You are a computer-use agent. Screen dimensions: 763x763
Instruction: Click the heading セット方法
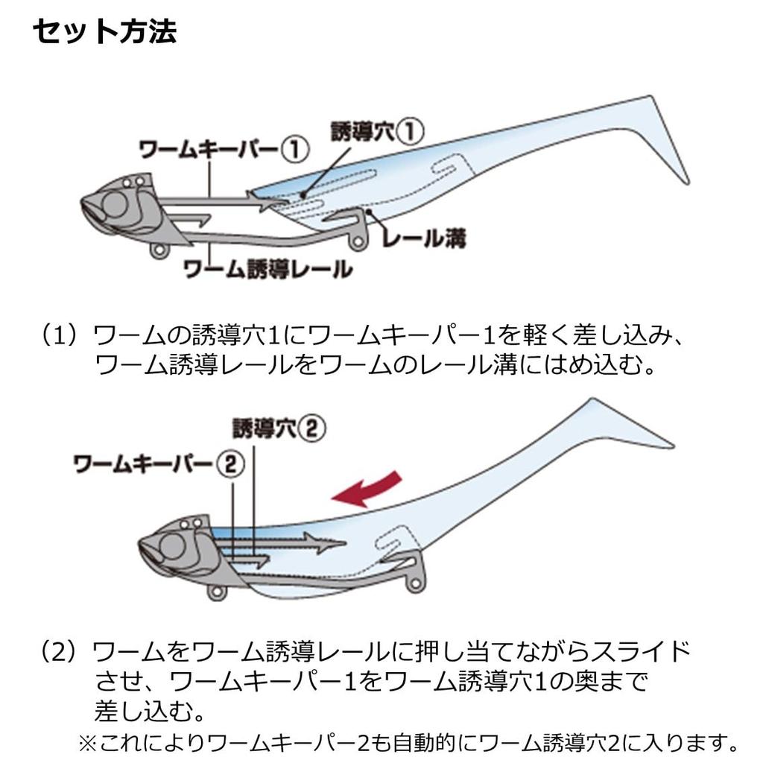104,32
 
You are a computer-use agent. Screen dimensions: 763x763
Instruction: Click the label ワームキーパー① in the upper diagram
224,149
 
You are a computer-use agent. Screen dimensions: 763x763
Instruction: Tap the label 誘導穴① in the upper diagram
378,131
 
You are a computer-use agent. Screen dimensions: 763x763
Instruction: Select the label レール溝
424,238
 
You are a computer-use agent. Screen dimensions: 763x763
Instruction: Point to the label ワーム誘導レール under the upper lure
268,268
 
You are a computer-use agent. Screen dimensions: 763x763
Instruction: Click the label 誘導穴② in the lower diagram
279,428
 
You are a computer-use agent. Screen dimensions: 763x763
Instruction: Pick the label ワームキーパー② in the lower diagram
159,463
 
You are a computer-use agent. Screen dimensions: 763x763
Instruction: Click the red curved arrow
367,488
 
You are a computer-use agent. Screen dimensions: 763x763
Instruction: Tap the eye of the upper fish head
115,204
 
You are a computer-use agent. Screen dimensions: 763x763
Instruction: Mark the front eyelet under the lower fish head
217,592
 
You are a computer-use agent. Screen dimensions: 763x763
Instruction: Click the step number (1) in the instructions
58,336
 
